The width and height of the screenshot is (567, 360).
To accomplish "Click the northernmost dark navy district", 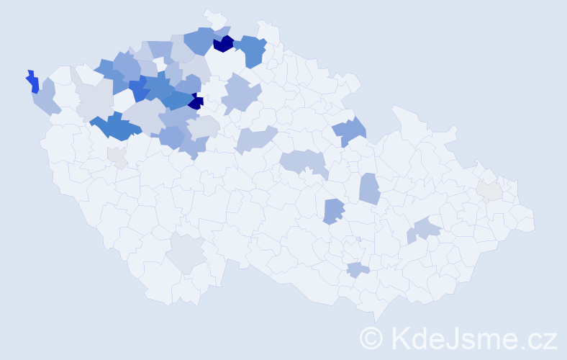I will pos(223,44).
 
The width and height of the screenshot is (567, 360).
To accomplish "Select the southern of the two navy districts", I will pos(196,102).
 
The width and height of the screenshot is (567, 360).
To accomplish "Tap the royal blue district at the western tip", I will pos(32,82).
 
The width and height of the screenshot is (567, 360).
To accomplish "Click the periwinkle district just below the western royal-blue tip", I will pos(46,99).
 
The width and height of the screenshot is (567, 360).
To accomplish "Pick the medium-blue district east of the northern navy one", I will pos(251,50).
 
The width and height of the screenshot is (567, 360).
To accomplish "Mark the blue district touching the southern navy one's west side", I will pos(177,100).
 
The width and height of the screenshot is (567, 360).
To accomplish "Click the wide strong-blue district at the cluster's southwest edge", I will pos(115,127).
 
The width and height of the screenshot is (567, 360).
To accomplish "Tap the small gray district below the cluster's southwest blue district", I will pos(117,157).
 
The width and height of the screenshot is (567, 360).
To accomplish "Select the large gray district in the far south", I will pos(187,252).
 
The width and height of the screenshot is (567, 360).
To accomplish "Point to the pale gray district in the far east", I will pos(489,191).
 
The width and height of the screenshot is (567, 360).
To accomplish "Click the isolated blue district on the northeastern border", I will pos(350,131).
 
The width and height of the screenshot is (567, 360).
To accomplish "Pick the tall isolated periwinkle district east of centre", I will pos(368,189).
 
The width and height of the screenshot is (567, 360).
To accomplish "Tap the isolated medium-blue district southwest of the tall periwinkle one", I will pos(332,211).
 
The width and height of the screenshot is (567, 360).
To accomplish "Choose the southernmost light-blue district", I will pos(357,270).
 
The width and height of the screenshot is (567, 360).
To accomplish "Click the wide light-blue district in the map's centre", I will pos(303,162).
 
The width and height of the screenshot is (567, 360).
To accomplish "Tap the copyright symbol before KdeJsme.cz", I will pos(371,338).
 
